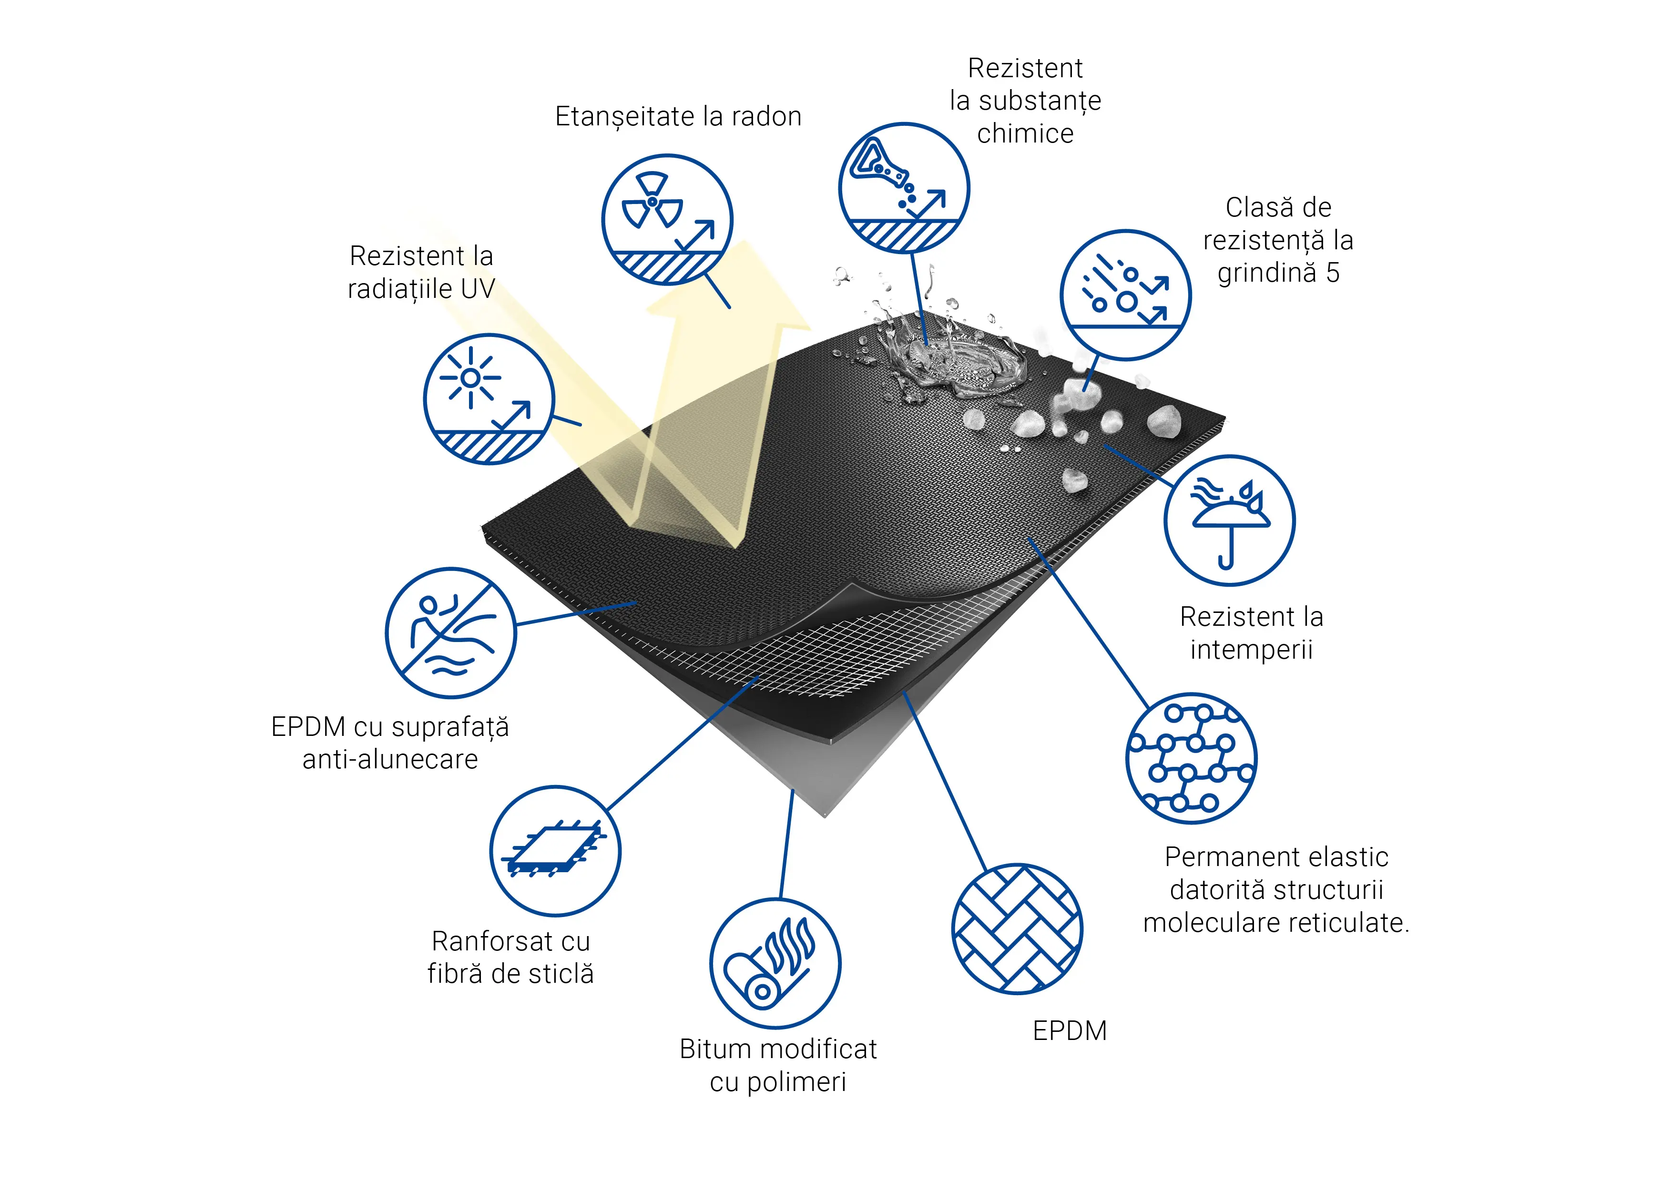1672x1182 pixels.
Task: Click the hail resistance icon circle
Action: point(1125,295)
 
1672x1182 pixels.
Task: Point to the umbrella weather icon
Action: point(1230,521)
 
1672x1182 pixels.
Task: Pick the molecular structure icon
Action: point(1192,758)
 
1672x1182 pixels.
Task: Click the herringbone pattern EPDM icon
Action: point(1017,929)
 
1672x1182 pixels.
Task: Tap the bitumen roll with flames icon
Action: point(775,964)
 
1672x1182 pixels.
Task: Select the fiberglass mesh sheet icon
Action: point(556,851)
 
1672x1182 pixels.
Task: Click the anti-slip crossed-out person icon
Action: point(451,633)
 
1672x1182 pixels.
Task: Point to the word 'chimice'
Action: point(1025,134)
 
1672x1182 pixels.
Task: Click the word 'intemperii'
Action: point(1251,650)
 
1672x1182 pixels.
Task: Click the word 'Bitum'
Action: point(717,1049)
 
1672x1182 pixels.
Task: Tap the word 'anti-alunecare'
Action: point(390,760)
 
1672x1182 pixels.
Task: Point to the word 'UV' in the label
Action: point(478,289)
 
